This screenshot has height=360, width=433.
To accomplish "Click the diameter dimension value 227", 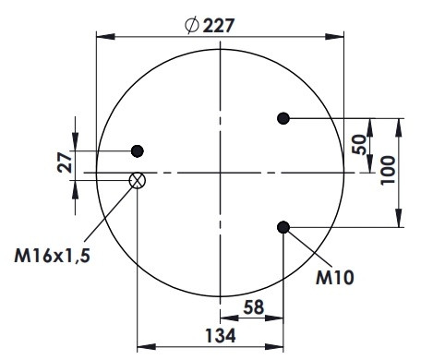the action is [219, 25].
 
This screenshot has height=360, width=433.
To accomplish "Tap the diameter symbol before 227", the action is [191, 25].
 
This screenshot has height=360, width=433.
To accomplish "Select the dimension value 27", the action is [65, 162].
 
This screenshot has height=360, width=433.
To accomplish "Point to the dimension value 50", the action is [359, 145].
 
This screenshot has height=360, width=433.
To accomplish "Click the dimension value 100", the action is [388, 170].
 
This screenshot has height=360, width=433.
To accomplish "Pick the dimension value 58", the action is [254, 307].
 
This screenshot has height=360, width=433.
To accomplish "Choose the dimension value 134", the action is [221, 335].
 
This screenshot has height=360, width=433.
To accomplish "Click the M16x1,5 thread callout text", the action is [53, 256].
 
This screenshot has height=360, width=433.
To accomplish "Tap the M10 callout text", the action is [335, 278].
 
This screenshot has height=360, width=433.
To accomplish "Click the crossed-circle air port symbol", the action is [138, 180].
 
